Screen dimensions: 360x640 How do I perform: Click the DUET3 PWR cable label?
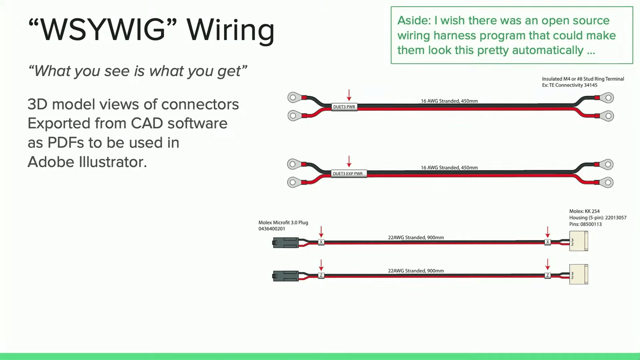(x=344, y=107)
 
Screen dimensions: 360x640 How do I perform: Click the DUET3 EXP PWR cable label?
(x=348, y=174)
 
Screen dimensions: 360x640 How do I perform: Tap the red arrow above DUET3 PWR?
(x=349, y=95)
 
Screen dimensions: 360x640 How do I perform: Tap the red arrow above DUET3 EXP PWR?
(x=349, y=161)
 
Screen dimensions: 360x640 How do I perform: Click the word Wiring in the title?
(x=230, y=31)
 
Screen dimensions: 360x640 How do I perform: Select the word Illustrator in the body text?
(x=113, y=162)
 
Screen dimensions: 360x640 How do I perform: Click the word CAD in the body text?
(x=146, y=124)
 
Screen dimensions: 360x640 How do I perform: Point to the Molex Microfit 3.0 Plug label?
(x=283, y=223)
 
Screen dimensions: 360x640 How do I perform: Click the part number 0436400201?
(x=272, y=229)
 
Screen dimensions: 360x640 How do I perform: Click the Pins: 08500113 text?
(x=585, y=224)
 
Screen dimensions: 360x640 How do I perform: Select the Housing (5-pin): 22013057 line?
(x=598, y=218)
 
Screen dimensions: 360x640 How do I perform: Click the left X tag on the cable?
(x=321, y=242)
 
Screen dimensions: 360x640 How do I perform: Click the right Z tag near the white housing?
(x=547, y=275)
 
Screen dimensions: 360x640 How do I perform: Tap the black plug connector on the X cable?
(x=286, y=243)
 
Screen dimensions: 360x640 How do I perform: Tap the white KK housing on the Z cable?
(x=579, y=274)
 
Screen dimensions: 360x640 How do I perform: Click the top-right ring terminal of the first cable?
(x=608, y=98)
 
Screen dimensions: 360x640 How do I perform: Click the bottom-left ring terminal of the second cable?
(x=293, y=182)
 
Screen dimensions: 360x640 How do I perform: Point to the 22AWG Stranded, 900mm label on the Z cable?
(x=416, y=271)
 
